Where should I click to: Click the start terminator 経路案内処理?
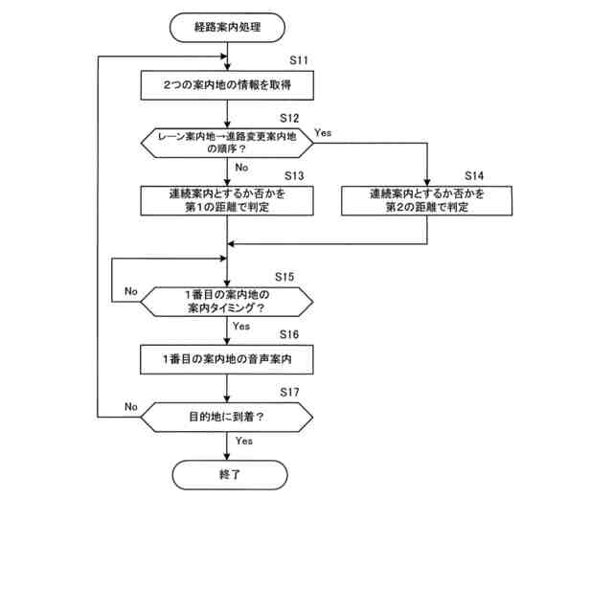(228, 28)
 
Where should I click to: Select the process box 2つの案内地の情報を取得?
(228, 85)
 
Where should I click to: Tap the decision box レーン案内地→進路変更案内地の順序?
(228, 144)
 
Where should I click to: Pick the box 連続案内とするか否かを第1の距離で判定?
(228, 199)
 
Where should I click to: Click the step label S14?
(475, 176)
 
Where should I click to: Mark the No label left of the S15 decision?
(131, 290)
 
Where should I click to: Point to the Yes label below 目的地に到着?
(243, 441)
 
